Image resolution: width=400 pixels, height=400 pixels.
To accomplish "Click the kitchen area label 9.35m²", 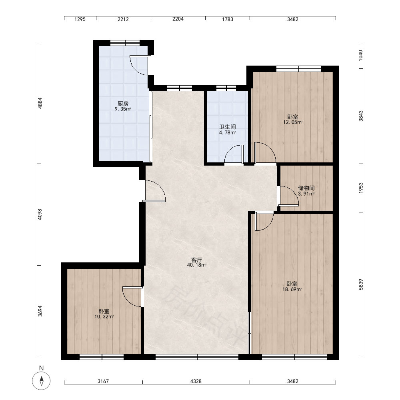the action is (123, 109).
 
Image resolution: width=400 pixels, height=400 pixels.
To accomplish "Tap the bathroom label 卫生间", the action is (228, 127).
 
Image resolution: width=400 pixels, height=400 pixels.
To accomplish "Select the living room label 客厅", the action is (197, 260).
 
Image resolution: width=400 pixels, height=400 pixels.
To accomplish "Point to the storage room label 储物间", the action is (306, 188).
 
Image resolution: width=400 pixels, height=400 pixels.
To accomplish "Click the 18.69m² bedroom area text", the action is (292, 289).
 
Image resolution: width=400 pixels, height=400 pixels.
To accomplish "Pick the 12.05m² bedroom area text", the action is (293, 122).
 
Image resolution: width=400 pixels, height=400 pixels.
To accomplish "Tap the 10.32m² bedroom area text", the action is (104, 317).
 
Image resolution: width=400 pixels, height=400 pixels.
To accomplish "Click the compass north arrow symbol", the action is (41, 381).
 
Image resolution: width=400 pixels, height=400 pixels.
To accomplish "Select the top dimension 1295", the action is (80, 19).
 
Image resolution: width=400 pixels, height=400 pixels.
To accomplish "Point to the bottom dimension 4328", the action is (196, 381).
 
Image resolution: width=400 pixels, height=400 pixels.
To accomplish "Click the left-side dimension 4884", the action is (40, 103).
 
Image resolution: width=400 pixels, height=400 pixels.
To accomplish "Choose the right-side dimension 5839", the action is (361, 284).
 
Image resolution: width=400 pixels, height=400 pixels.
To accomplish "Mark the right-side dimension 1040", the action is (360, 55).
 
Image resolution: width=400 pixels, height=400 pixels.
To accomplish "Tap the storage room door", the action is (289, 196).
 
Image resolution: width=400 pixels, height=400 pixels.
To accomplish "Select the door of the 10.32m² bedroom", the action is (132, 297).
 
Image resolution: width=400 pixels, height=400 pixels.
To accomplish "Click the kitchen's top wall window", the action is (125, 43).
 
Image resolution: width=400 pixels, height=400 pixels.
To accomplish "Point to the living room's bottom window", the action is (197, 357).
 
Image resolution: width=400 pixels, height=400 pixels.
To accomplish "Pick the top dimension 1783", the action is (228, 19).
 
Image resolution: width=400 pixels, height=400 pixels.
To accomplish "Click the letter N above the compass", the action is (41, 368).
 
